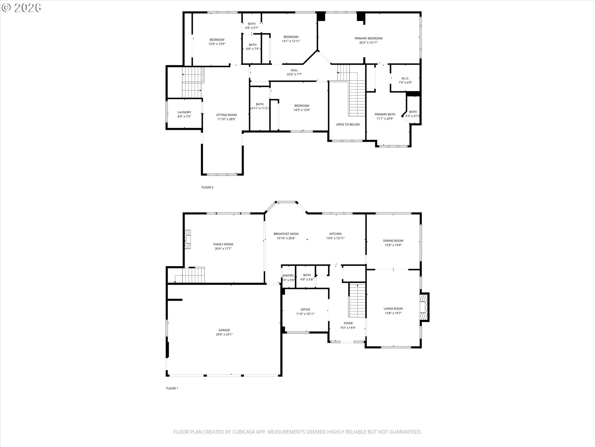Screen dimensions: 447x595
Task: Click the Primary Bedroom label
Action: click(x=368, y=38)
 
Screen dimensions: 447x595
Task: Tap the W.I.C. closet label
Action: click(x=405, y=79)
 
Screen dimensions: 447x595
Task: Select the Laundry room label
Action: click(x=184, y=112)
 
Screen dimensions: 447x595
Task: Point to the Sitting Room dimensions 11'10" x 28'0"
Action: click(x=226, y=119)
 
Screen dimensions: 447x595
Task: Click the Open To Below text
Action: click(x=348, y=124)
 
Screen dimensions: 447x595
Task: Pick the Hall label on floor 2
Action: click(x=294, y=70)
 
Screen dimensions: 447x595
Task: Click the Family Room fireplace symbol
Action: click(x=187, y=239)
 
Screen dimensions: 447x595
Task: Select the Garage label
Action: click(x=224, y=330)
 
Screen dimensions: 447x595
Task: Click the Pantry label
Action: click(x=288, y=276)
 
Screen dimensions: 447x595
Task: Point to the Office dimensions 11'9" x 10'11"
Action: click(x=305, y=314)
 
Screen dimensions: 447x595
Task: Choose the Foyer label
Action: click(x=348, y=323)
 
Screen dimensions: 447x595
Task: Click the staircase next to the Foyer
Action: click(x=357, y=300)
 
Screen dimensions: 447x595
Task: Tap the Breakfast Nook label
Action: click(x=286, y=234)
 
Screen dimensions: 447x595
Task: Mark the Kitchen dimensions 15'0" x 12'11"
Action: click(x=335, y=238)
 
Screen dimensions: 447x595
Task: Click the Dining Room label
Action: click(x=393, y=241)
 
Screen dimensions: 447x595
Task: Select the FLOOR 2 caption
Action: click(x=207, y=187)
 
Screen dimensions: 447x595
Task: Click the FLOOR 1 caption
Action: click(x=172, y=388)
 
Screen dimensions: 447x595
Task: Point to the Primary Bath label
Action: click(x=385, y=114)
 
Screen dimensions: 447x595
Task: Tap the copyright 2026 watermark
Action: click(x=21, y=7)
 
